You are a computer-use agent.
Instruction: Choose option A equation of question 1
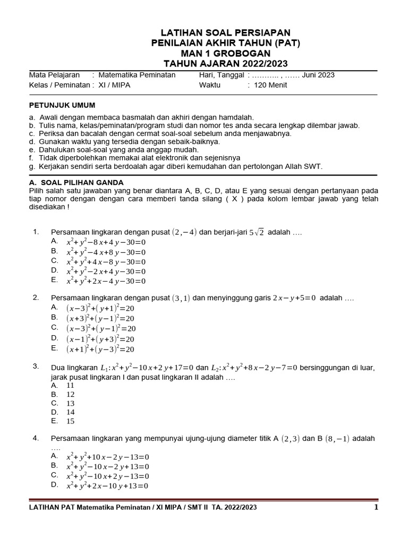(x=106, y=242)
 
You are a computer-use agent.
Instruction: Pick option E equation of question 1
(x=106, y=281)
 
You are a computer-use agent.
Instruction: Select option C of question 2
(x=100, y=329)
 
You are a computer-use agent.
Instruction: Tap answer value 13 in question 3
(x=70, y=403)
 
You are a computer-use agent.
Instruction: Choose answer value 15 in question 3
(x=70, y=421)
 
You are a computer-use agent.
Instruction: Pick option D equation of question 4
(x=107, y=486)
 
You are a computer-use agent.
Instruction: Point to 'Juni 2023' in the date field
(x=318, y=75)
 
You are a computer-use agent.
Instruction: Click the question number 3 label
(x=35, y=367)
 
